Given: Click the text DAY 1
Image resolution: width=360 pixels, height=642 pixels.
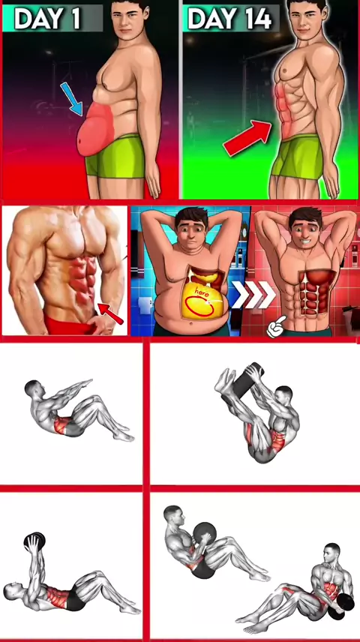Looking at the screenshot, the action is (47, 18).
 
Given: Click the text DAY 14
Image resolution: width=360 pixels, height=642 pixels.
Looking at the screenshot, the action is (229, 18).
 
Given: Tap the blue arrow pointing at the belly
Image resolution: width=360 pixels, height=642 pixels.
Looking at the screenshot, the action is (71, 98).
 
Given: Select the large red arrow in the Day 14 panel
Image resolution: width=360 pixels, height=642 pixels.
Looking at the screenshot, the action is (247, 137).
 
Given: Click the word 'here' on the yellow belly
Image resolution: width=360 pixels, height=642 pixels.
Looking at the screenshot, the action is (202, 292).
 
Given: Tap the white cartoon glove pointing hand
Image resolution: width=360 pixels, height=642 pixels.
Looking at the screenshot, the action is (277, 326).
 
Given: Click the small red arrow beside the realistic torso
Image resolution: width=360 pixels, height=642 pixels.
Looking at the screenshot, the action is (110, 313).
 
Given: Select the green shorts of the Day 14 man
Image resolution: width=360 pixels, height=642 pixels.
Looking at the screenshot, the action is (298, 157).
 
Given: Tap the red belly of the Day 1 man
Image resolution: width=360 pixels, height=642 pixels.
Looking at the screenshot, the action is (95, 129).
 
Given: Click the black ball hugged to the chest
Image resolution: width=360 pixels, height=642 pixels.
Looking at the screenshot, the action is (205, 534).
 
